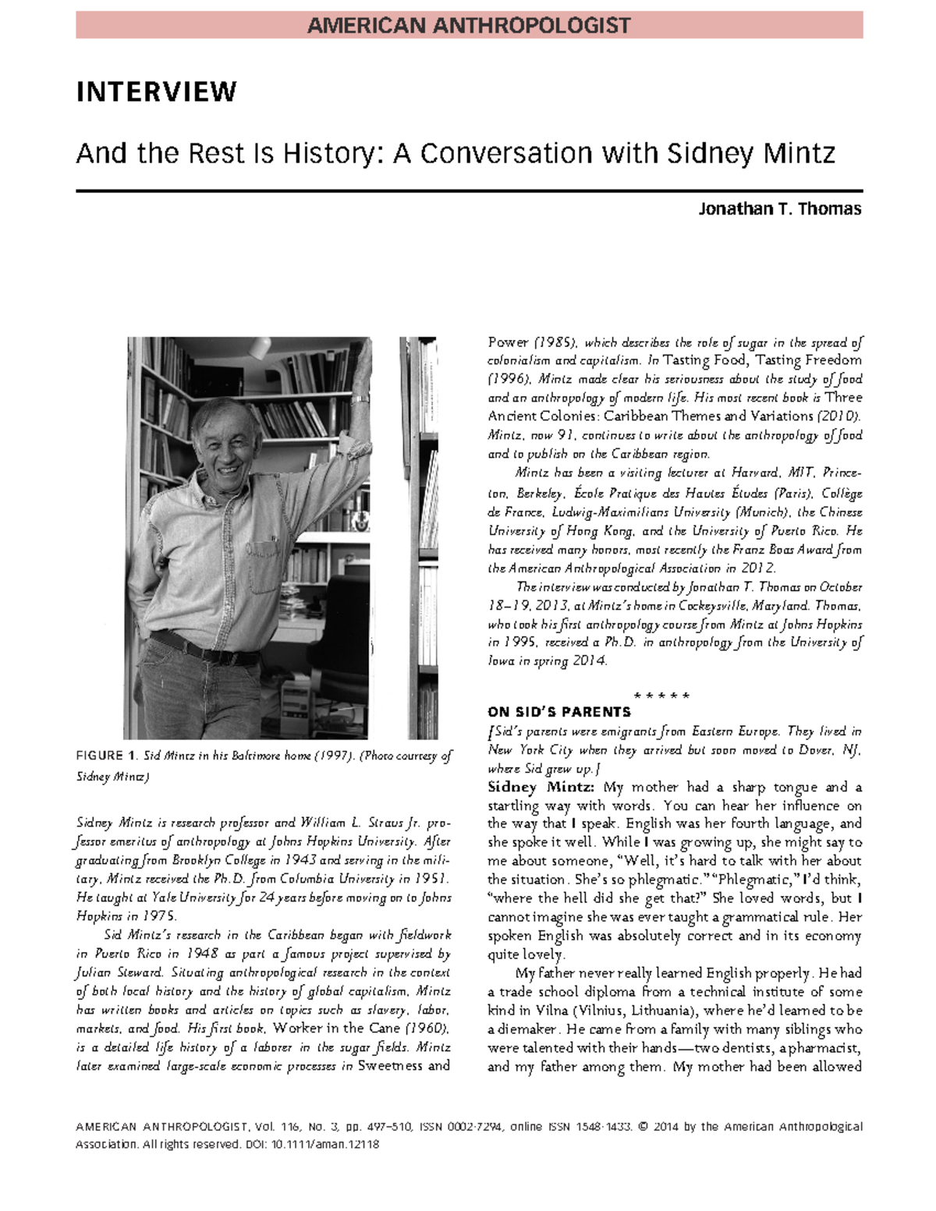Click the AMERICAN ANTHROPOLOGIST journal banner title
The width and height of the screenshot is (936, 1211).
469,26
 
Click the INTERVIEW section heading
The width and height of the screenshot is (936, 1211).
156,92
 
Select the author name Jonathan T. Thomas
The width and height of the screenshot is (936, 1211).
779,209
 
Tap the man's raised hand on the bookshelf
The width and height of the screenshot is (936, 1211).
360,366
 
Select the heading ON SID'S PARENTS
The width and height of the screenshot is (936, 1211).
558,712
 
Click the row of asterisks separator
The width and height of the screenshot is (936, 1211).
661,695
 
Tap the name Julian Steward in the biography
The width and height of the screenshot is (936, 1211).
119,972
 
